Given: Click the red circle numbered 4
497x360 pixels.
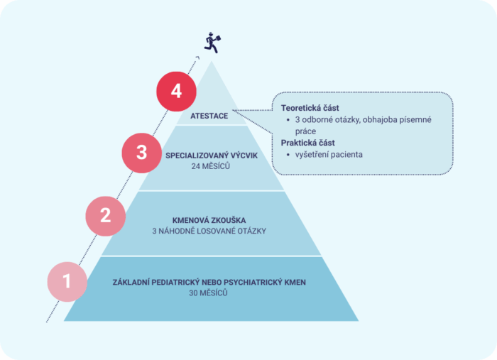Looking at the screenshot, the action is click(176, 92).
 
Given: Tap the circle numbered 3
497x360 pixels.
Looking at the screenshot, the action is click(142, 153).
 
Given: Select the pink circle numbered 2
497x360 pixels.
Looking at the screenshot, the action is click(106, 216).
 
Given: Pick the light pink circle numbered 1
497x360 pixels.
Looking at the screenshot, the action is click(67, 282).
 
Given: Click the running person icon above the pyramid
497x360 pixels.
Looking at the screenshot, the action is click(212, 43).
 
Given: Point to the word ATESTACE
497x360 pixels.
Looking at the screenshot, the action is click(209, 116).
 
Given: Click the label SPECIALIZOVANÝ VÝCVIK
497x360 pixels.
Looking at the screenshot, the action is click(212, 156).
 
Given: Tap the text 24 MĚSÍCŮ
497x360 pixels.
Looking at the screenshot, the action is click(210, 166).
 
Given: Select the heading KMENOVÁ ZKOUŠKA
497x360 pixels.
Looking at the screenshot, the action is click(209, 220).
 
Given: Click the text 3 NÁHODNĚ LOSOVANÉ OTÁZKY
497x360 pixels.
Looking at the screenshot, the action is click(209, 231).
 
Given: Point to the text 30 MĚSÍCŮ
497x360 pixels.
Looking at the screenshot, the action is click(208, 293).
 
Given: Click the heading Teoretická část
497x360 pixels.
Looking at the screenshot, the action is click(310, 108).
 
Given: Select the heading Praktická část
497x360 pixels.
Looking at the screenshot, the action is click(307, 143).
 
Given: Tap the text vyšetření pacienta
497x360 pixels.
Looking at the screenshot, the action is click(329, 155).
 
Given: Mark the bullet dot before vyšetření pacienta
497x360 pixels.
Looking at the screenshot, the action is click(288, 155).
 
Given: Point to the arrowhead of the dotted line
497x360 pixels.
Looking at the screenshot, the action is click(197, 58).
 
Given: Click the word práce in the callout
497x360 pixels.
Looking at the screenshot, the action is click(305, 131).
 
